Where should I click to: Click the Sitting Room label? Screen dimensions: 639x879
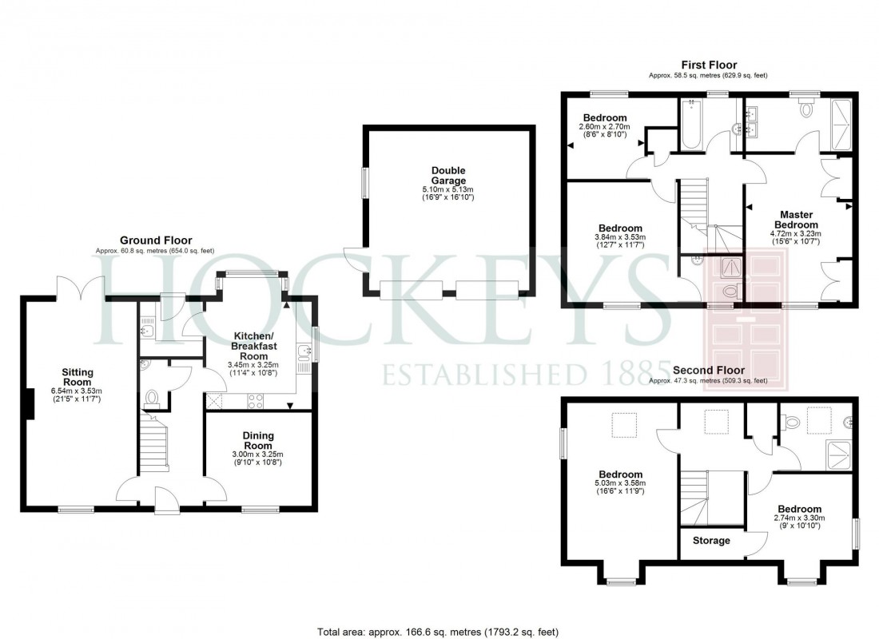pos(78,377)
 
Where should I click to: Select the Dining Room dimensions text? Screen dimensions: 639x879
pos(258,458)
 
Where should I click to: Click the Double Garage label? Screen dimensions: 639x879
pos(448,176)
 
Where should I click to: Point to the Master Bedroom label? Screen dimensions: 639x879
pos(796,220)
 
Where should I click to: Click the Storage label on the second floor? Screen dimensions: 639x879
pos(711,541)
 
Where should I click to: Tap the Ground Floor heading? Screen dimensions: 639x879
pos(150,240)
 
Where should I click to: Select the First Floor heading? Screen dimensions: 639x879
pos(708,65)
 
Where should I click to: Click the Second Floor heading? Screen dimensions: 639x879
pos(708,371)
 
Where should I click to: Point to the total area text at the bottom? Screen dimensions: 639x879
pos(439,631)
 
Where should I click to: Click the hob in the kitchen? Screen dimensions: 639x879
pos(257,401)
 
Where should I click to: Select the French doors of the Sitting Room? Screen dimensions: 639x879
pos(81,286)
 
